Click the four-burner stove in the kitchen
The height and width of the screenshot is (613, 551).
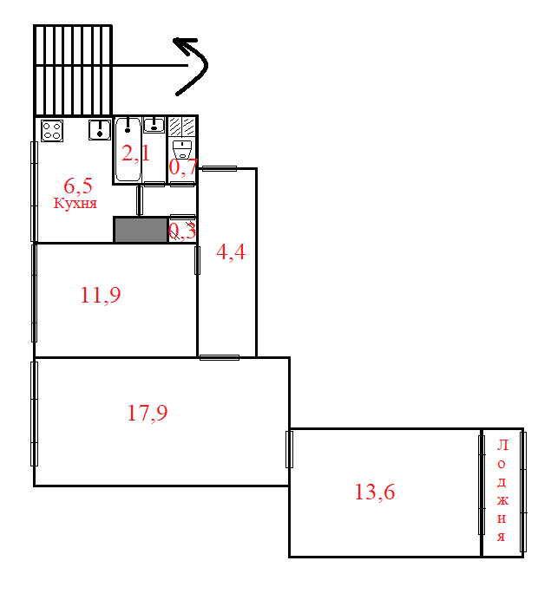point(52,131)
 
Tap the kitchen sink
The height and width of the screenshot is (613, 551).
point(99,131)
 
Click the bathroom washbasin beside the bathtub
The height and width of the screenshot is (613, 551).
point(154,125)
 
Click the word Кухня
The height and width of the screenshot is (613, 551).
point(75,204)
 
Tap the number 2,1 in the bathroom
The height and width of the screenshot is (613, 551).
point(135,154)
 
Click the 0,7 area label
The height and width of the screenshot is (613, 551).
point(182,167)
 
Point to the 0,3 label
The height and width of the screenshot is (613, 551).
point(181,231)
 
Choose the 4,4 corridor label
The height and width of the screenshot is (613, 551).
point(230,253)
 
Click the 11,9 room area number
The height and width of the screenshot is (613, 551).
point(100,296)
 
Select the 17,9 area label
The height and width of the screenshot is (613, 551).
point(148,414)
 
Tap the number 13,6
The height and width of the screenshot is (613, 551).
point(375,492)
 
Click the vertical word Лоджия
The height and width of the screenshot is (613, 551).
point(502,491)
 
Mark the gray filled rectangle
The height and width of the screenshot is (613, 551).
point(141,230)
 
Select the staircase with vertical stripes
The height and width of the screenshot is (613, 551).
point(74,69)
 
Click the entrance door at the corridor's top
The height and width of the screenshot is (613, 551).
point(218,168)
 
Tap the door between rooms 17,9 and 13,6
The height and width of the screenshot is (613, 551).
point(290,448)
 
